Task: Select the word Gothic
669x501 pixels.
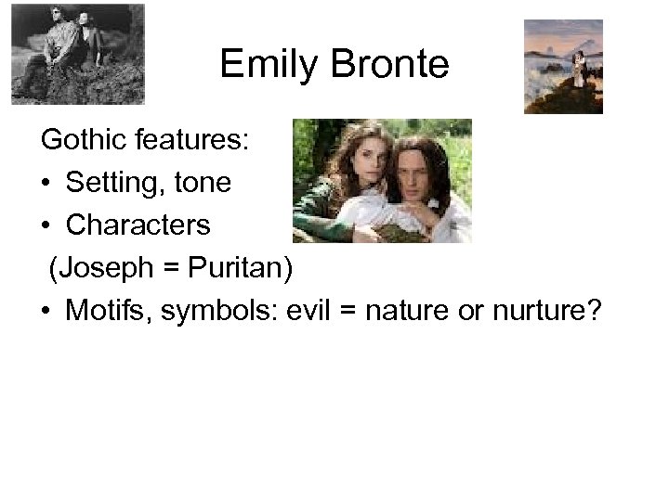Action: (x=82, y=141)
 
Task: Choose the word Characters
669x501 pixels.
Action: (x=138, y=225)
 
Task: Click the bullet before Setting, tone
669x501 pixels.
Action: (x=46, y=184)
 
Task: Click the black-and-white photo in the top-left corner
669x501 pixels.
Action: (x=77, y=53)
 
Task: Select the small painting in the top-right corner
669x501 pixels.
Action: (x=563, y=67)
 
